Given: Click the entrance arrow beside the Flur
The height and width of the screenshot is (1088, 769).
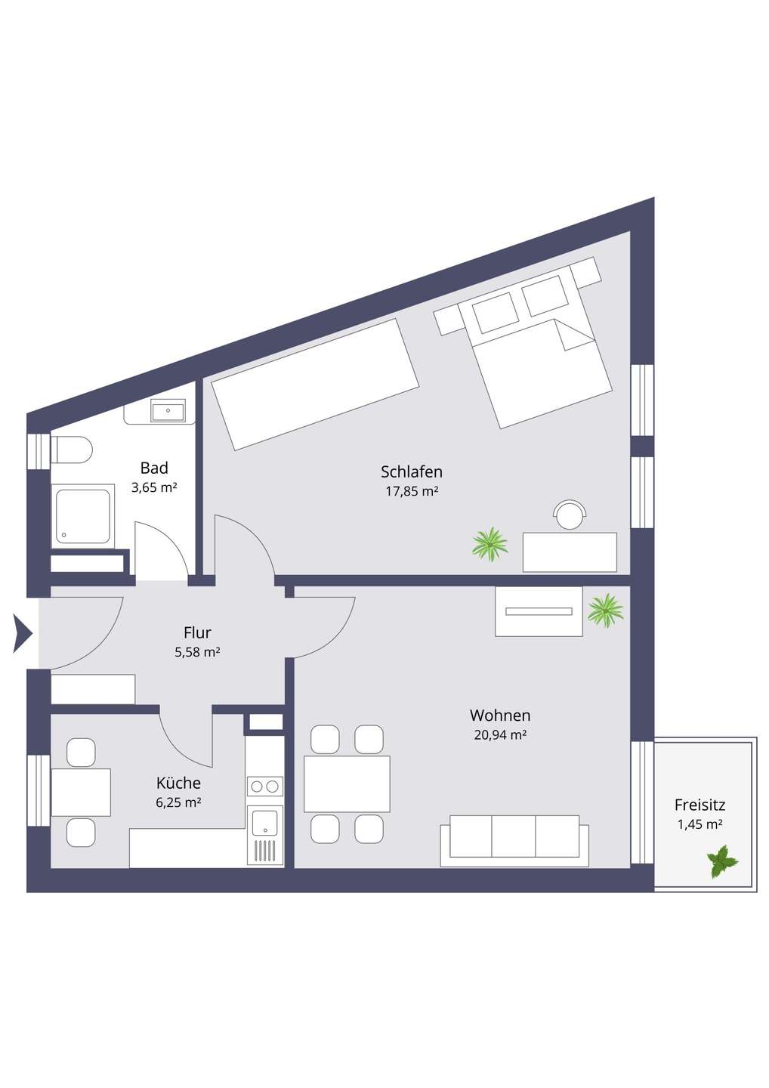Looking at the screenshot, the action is coord(22,633).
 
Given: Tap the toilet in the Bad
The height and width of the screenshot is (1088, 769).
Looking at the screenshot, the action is coord(71,450).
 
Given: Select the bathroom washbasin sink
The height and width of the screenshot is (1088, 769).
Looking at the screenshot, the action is coord(168,411).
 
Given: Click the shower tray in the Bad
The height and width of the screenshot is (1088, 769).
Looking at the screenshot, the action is coord(83,516).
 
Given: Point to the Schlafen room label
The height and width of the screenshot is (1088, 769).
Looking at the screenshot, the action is coord(411,471).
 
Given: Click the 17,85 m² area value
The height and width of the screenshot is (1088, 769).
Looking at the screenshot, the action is coord(412,491).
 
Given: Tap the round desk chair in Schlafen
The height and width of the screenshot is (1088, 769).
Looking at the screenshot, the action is coord(570,515).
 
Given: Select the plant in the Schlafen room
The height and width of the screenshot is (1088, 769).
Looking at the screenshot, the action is coord(490,544).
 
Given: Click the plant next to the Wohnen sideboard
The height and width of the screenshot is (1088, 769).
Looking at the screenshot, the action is coord(605,610).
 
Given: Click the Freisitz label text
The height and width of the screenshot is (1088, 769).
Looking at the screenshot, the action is coord(700,805).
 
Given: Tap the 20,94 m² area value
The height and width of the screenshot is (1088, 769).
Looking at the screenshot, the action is coord(500,735).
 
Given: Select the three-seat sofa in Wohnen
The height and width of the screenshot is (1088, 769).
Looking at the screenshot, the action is coord(514,841).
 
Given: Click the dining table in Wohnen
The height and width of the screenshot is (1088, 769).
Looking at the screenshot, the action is coord(347,784).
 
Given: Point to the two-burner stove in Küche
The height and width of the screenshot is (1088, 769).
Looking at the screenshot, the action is coord(264,786).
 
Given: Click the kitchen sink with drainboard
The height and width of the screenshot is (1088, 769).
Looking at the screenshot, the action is coord(264,836).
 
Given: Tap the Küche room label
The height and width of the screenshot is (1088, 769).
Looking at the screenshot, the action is coord(178,783).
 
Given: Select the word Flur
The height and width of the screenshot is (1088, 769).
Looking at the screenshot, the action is coord(197,632).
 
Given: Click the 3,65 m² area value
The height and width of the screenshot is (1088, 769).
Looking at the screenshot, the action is coord(154,487).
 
